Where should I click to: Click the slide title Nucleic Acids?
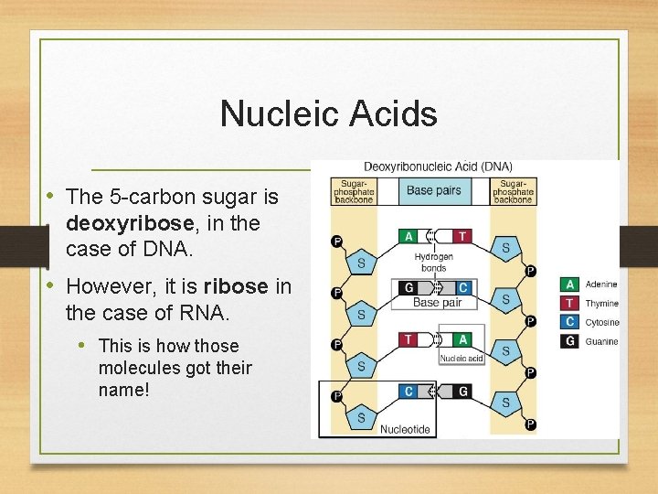point(328,114)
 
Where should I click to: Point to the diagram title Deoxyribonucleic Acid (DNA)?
point(438,166)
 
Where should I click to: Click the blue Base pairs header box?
point(433,191)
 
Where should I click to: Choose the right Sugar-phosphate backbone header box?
point(513,191)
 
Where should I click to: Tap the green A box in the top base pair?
point(409,236)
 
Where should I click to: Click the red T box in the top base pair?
point(462,236)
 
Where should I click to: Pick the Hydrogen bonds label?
point(433,263)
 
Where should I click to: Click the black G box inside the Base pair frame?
point(409,288)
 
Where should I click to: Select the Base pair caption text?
point(438,303)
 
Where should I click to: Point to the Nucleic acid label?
point(461,359)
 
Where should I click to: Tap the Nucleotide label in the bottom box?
point(405,429)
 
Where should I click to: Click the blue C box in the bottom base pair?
point(409,392)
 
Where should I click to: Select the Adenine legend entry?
point(600,285)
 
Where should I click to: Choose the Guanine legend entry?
point(600,341)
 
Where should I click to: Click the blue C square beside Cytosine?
point(569,322)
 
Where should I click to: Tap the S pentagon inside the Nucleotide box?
point(361,417)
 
